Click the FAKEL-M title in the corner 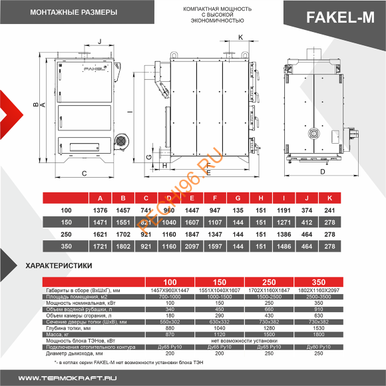pyautogui.click(x=340, y=18)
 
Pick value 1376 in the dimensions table pyautogui.click(x=100, y=210)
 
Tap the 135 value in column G pyautogui.click(x=237, y=210)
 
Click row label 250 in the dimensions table pyautogui.click(x=65, y=234)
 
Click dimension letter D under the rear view pyautogui.click(x=323, y=172)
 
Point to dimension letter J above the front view pyautogui.click(x=98, y=41)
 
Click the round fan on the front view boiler pyautogui.click(x=121, y=141)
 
